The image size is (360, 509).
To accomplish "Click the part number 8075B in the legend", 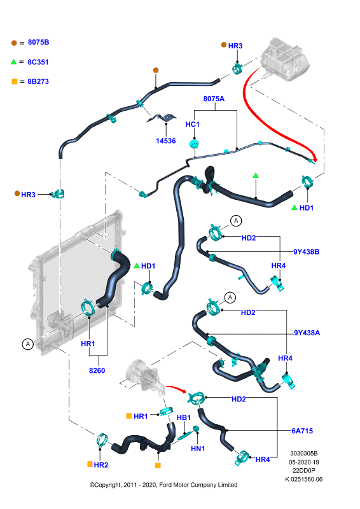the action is tap(38, 42).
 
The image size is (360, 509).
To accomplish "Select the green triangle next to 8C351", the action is tap(13, 62).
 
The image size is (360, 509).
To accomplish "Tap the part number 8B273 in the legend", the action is tap(38, 81).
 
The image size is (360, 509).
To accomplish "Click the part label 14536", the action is tap(166, 141).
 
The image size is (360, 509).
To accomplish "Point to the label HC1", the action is tap(193, 124).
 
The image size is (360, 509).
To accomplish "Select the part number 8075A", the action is tap(214, 99).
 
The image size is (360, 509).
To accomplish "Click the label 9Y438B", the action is tap(306, 252).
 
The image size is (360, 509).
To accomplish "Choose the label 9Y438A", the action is tap(307, 333).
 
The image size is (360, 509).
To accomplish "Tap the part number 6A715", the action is tap(302, 431).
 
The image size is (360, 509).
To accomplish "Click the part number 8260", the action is tap(97, 370).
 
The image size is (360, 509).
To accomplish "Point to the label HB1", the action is tap(184, 417).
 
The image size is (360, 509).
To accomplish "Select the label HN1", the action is tap(198, 449).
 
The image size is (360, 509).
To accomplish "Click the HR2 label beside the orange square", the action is tap(101, 465).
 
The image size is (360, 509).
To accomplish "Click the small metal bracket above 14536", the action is tap(162, 118).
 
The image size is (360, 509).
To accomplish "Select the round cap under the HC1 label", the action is tap(194, 144).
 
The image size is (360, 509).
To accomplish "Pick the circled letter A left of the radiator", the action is tap(28, 344).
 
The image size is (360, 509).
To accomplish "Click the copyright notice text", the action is tap(163, 485).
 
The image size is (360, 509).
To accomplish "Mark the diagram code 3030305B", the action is tap(304, 453).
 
